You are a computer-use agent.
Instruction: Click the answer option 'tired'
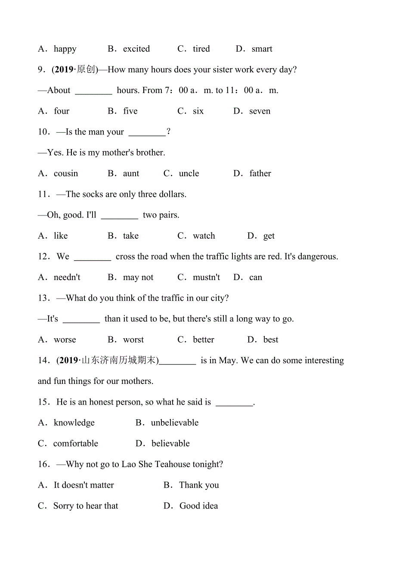(x=201, y=49)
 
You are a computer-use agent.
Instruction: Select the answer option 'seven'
(x=260, y=111)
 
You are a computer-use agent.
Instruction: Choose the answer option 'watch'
(x=204, y=236)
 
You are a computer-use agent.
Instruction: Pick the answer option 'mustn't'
(x=206, y=277)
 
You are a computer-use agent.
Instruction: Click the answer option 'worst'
(x=133, y=340)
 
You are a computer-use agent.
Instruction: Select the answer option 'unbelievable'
(x=174, y=423)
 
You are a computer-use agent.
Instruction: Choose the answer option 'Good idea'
(x=198, y=506)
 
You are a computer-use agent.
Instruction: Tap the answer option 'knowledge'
(x=74, y=423)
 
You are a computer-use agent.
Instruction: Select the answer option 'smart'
(x=262, y=49)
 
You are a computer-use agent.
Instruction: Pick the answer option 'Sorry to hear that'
(x=85, y=506)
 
